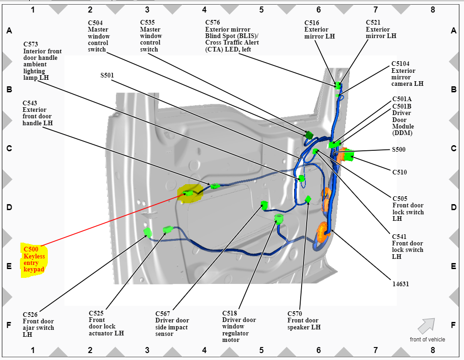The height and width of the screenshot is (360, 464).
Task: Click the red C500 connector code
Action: coord(31,249)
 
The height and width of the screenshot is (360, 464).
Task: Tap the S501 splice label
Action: coord(107,75)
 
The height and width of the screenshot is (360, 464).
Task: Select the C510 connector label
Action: coord(400,172)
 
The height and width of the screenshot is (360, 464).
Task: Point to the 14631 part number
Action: coord(401,284)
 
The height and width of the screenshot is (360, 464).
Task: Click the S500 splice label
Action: coord(399,149)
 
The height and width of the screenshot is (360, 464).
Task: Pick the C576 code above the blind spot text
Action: coord(213,22)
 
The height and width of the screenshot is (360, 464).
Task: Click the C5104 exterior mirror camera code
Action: coord(400,64)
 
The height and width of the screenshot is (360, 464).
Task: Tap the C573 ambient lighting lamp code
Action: coord(31,45)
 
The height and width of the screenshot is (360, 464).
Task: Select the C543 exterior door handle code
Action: coord(30,103)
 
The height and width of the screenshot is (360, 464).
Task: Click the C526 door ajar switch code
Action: coord(30,315)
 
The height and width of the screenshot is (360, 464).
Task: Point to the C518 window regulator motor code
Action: coord(230,313)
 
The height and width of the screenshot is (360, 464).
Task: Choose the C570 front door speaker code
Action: coord(295,314)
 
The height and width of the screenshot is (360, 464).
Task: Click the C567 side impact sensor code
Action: coord(163,314)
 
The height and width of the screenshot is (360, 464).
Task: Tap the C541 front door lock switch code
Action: coord(399,237)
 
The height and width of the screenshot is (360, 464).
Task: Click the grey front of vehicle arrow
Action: coord(426,326)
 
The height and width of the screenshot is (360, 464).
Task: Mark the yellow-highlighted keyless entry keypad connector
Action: coord(188,193)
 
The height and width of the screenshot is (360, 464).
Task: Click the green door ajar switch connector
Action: coord(148,232)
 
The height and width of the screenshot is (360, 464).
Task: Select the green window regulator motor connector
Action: coord(279,219)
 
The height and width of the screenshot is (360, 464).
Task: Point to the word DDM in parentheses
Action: coord(402,133)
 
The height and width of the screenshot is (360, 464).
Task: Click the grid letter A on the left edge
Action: coord(9,31)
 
